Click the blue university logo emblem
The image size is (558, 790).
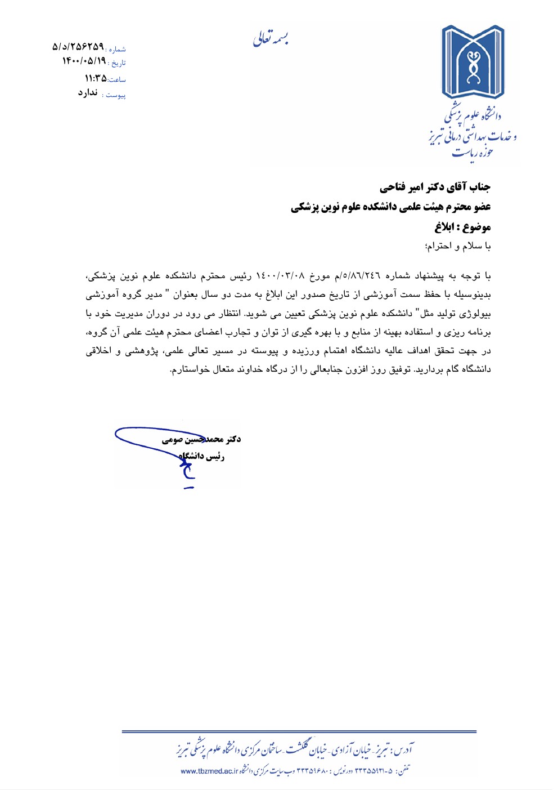(473, 62)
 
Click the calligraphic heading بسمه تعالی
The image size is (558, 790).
(271, 38)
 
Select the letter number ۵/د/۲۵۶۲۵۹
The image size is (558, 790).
(78, 46)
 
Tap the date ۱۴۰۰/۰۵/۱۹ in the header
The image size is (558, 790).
(84, 61)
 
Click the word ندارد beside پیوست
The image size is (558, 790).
(88, 93)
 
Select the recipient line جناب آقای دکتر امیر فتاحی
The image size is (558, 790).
(435, 187)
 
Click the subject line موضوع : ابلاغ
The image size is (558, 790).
(462, 227)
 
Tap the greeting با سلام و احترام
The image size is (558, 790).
(458, 246)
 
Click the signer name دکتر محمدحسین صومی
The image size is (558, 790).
(201, 439)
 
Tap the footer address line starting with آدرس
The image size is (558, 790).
(295, 750)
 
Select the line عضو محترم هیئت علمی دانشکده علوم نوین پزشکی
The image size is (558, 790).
(390, 207)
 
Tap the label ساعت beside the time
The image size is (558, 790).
(117, 80)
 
